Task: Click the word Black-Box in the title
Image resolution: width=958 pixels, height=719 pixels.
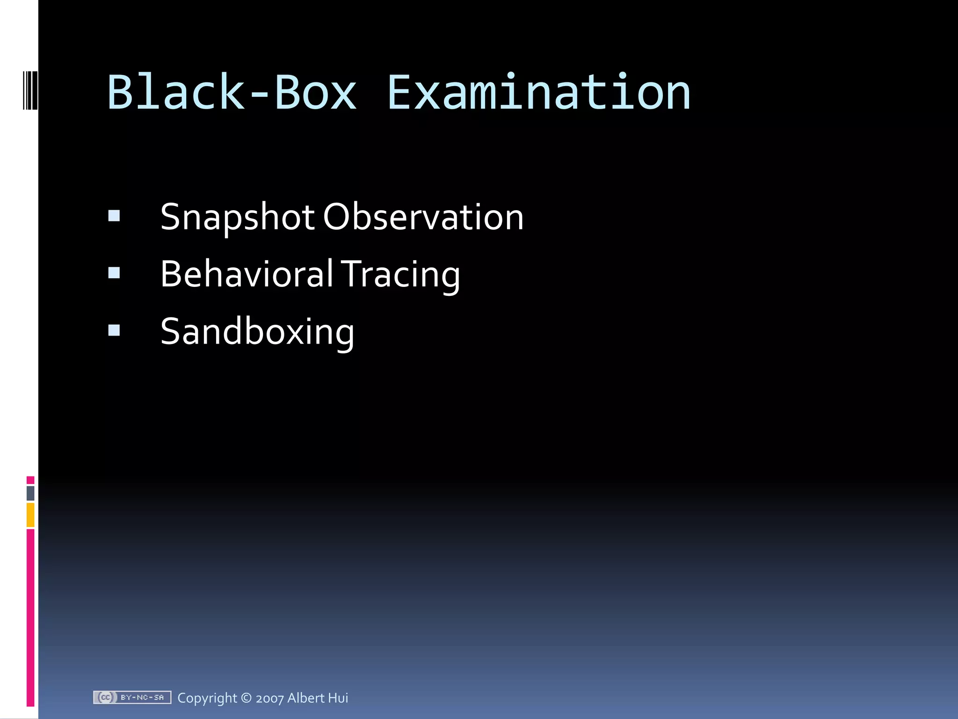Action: [x=232, y=93]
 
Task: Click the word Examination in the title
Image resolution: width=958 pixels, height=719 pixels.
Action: [x=539, y=93]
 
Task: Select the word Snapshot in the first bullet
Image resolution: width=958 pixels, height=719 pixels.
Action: [x=238, y=218]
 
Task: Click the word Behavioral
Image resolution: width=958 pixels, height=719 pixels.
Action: [x=247, y=274]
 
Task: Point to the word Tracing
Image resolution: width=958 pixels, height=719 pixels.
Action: [x=400, y=275]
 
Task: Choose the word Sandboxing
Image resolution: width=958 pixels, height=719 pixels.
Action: [x=257, y=332]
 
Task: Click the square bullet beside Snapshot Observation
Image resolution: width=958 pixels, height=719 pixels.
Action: [x=114, y=216]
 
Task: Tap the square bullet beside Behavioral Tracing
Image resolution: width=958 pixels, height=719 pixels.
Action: [x=114, y=273]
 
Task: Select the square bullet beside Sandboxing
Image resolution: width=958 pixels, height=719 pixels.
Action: [x=114, y=330]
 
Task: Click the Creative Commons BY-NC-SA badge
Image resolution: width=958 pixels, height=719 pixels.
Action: [x=132, y=697]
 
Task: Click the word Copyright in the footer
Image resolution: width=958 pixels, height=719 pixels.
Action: [x=207, y=698]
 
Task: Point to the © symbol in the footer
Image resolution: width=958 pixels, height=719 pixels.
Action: [x=246, y=698]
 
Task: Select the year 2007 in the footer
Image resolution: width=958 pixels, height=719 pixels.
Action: [x=269, y=698]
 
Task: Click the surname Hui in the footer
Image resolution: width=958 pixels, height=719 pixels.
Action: [x=338, y=697]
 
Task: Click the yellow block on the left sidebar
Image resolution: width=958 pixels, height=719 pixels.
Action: [x=30, y=515]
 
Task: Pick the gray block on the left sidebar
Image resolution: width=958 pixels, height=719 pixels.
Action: [x=30, y=493]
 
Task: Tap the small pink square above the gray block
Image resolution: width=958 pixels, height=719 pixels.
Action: [x=30, y=480]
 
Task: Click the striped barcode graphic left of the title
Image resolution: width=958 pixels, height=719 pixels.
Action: [x=30, y=90]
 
